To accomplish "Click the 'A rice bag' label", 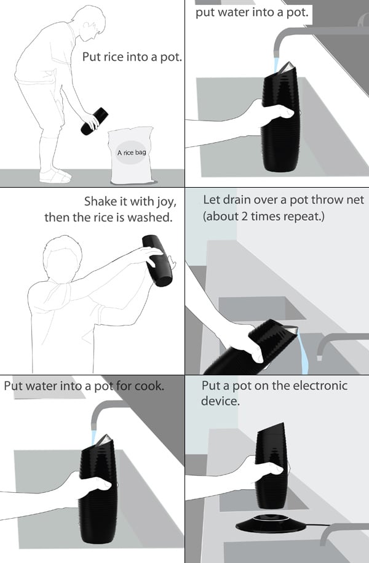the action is click(x=132, y=153).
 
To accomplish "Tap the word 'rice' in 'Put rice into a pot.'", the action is click(x=113, y=57).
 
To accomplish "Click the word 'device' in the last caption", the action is click(x=220, y=401).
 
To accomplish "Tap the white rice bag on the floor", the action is click(x=132, y=156).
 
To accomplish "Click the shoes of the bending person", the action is click(x=55, y=175).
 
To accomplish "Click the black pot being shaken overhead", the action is click(x=157, y=260).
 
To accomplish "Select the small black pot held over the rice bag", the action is click(x=94, y=121).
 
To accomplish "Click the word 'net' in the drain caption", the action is click(x=355, y=199).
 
